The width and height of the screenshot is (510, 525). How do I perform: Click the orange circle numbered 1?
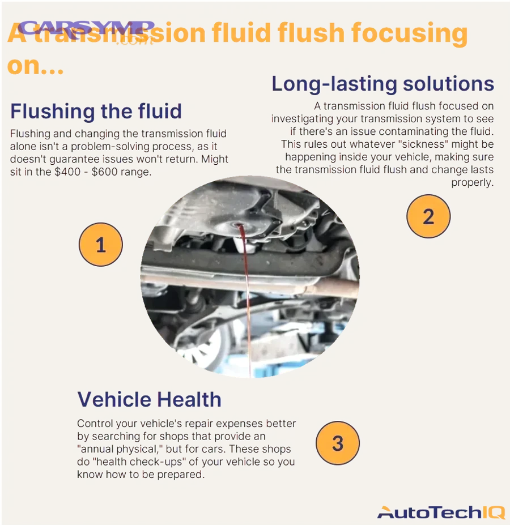100,245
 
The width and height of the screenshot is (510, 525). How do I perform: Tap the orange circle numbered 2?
428,216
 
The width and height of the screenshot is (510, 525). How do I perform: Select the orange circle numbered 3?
338,442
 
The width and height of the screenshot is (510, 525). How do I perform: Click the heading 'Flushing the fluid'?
96,111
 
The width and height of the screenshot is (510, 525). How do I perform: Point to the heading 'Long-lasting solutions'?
382,84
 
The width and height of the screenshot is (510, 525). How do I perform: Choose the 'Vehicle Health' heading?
149,399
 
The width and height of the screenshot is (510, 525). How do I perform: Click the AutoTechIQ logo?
440,512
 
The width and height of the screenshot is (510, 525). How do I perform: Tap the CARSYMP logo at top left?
86,29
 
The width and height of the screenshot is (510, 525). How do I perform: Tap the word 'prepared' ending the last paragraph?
178,475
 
